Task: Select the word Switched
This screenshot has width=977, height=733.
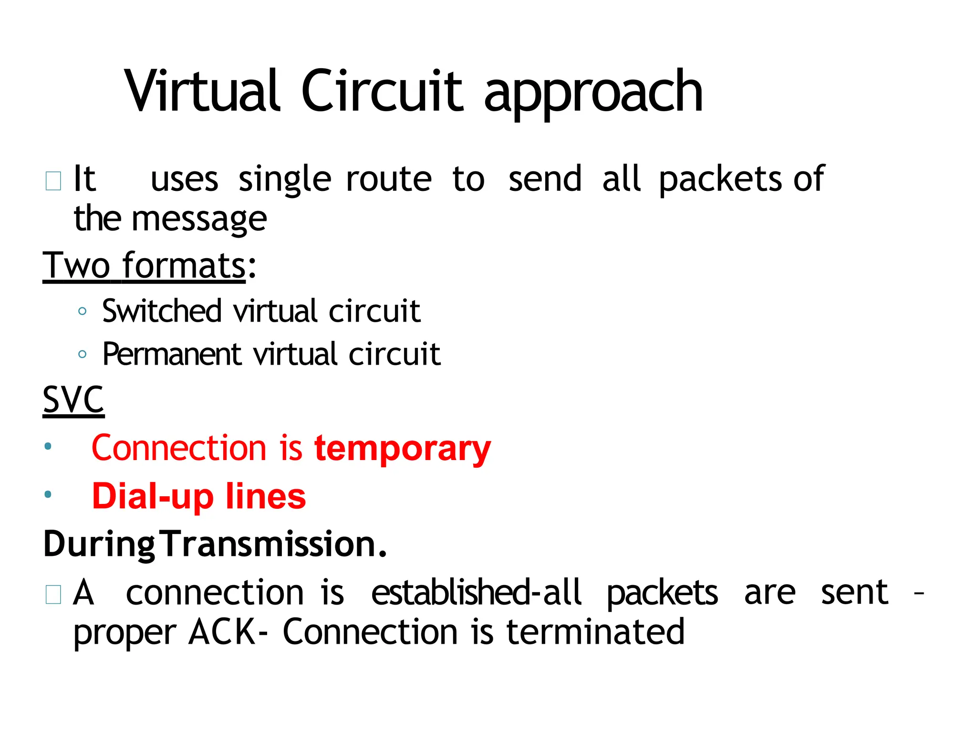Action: [x=162, y=311]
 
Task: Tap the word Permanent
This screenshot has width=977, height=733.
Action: [x=172, y=355]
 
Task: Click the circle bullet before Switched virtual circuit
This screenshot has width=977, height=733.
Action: [x=82, y=312]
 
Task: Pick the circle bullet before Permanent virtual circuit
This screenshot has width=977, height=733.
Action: [x=82, y=355]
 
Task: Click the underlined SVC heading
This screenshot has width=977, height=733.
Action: [x=73, y=400]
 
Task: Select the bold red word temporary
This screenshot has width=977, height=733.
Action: [x=403, y=449]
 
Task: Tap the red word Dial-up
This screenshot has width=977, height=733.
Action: [x=153, y=496]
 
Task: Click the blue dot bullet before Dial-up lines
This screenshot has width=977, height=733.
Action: [x=48, y=494]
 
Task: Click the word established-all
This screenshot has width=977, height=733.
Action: [x=476, y=593]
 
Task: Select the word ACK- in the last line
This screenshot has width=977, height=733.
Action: [x=229, y=632]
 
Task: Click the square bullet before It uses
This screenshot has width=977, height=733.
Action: [x=53, y=181]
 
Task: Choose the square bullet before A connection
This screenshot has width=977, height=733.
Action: [x=53, y=595]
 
